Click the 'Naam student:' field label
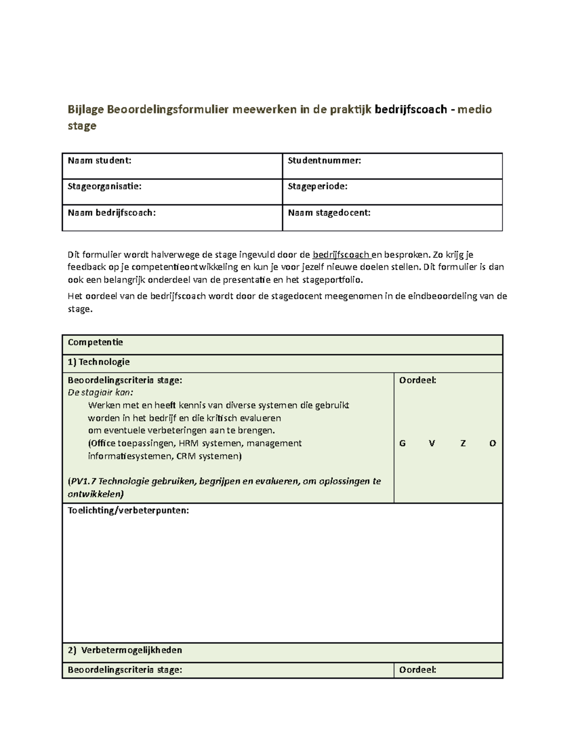(x=99, y=161)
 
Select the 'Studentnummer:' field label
(x=324, y=161)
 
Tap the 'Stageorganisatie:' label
(x=105, y=187)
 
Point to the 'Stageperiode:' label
(x=317, y=187)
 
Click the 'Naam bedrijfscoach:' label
(x=112, y=213)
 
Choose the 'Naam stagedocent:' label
(x=329, y=213)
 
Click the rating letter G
(x=402, y=443)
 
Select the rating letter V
(x=432, y=443)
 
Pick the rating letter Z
(x=463, y=443)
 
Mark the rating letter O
(x=492, y=443)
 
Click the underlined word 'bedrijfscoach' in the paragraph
(x=341, y=255)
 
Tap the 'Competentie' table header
(x=95, y=342)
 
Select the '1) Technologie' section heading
(x=99, y=362)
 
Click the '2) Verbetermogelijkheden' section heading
(x=125, y=650)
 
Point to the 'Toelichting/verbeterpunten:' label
(x=128, y=511)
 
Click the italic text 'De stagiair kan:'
(x=100, y=392)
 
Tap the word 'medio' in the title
(x=474, y=110)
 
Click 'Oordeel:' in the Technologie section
(x=418, y=380)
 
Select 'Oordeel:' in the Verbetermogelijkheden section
(x=418, y=670)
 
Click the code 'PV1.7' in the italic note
(x=83, y=481)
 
